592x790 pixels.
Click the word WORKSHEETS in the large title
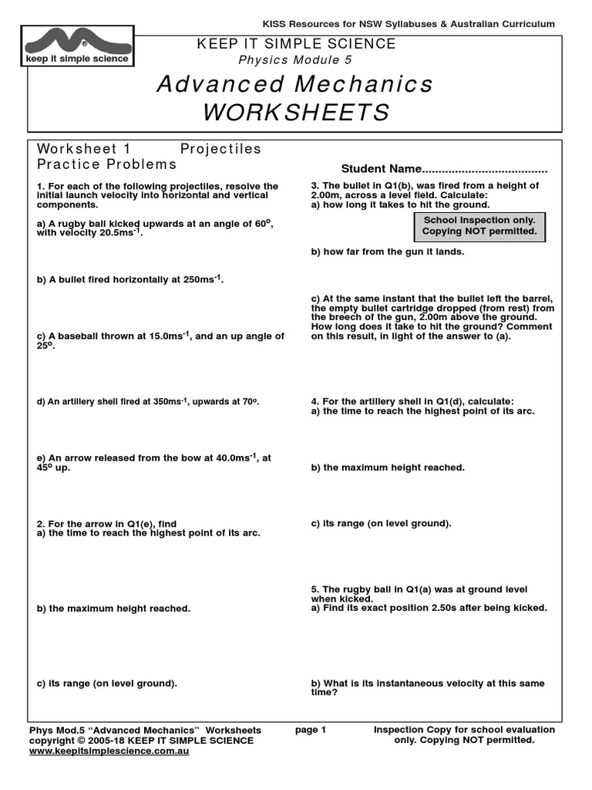click(x=297, y=113)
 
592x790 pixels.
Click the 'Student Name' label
click(x=382, y=169)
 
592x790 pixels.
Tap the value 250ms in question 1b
click(x=202, y=279)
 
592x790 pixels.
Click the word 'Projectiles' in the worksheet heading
click(x=220, y=149)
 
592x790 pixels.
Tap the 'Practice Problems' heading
click(x=106, y=164)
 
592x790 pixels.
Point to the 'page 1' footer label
click(x=311, y=730)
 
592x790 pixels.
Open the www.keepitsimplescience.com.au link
click(x=109, y=751)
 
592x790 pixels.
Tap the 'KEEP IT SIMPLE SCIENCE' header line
click(x=296, y=44)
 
